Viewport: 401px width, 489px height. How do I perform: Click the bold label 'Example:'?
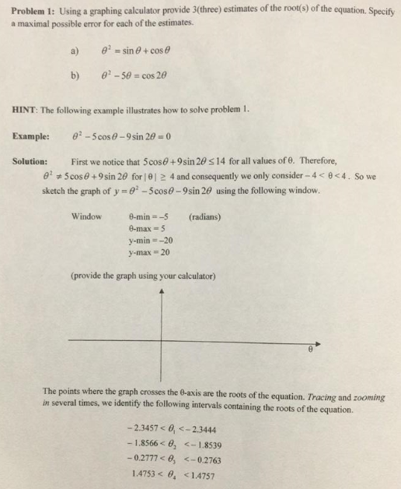coord(31,136)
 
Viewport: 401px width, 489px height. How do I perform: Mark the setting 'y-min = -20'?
coord(149,241)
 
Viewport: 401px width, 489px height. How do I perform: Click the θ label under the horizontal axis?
coord(310,351)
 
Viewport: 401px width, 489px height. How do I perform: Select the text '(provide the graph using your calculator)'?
coord(143,276)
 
